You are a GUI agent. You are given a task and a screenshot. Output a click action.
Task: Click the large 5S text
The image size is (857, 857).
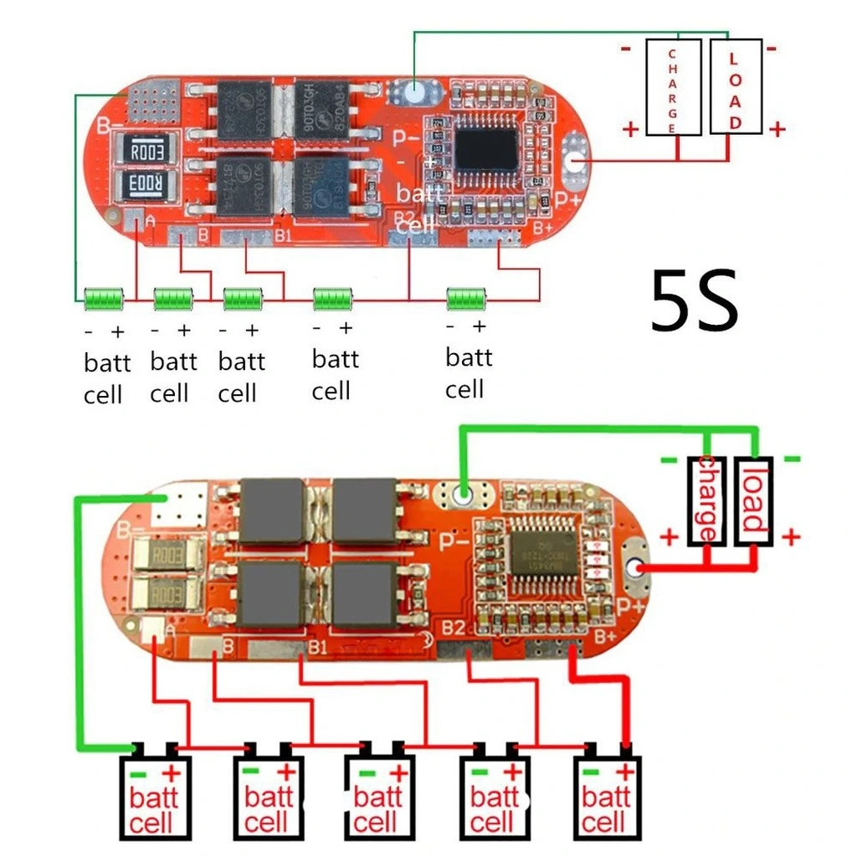point(694,300)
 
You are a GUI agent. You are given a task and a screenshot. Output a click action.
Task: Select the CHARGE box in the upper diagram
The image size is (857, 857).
point(673,87)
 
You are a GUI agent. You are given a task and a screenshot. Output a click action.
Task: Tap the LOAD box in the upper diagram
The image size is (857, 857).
point(736,86)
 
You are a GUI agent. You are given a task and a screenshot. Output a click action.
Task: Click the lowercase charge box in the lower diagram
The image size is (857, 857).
point(707,501)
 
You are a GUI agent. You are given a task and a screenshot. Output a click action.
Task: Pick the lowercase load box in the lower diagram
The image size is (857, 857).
point(753,501)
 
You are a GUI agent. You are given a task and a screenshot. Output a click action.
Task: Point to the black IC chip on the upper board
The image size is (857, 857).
point(485,150)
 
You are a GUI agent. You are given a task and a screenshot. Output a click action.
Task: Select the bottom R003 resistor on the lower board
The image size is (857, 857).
point(167,595)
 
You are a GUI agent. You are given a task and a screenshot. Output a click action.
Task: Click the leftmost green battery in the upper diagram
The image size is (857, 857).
point(104,297)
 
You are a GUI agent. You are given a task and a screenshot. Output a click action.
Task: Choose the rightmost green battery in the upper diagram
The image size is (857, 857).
point(466,297)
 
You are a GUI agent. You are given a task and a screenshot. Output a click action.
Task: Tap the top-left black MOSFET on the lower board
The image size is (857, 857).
point(272,511)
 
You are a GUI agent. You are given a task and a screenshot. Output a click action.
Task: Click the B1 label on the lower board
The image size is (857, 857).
point(317,646)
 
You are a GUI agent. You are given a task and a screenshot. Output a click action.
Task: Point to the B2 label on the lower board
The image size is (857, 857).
point(453,627)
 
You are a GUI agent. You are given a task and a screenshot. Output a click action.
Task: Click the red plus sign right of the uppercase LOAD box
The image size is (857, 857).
point(777,129)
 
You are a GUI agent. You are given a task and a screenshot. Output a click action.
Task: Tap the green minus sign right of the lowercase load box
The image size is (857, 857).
point(792,459)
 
